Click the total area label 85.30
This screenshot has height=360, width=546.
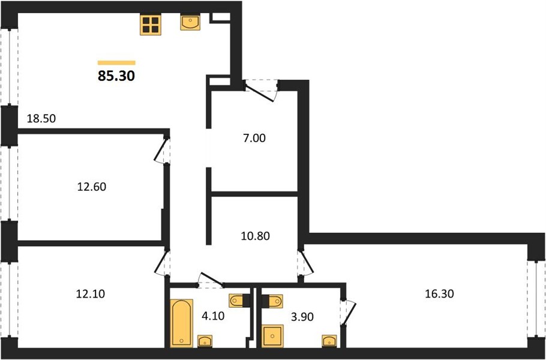click(x=116, y=76)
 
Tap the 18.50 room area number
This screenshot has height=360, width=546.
click(x=41, y=119)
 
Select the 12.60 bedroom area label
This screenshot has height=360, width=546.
click(x=91, y=187)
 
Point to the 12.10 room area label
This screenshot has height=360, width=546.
click(x=90, y=294)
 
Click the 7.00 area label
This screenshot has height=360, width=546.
click(x=255, y=138)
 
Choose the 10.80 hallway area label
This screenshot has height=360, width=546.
click(x=255, y=236)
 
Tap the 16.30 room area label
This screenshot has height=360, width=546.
click(x=439, y=294)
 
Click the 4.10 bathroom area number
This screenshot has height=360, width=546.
click(x=212, y=316)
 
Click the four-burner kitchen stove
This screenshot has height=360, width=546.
click(x=151, y=25)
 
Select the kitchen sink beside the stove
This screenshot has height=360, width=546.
click(x=190, y=23)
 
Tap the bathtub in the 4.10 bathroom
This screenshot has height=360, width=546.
click(x=181, y=323)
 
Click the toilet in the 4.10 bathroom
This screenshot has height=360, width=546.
click(x=239, y=301)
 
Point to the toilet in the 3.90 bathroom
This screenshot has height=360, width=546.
click(x=272, y=301)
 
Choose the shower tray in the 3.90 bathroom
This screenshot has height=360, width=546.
click(x=272, y=336)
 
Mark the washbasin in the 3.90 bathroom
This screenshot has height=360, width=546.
click(x=329, y=341)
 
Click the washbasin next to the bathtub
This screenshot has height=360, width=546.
click(x=205, y=341)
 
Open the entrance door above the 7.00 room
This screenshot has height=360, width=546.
click(x=261, y=90)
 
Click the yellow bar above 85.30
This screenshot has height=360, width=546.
click(x=116, y=62)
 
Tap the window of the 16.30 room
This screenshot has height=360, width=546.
click(x=536, y=298)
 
